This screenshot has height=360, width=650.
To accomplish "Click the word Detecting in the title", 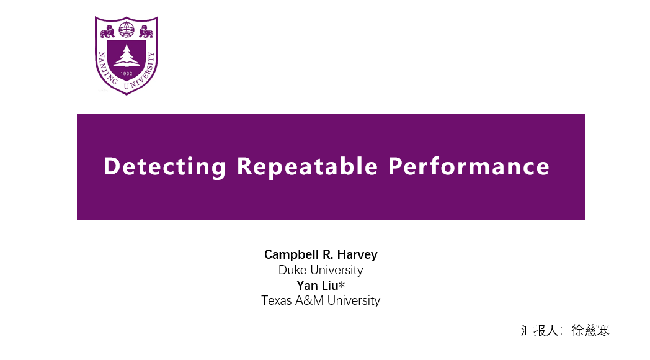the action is tap(164, 167).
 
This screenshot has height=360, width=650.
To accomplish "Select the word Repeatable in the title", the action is tap(307, 166).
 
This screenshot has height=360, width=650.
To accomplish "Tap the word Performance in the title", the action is tap(469, 166).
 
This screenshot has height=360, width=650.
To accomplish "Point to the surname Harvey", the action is tap(357, 254).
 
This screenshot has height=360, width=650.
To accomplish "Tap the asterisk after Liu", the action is tap(342, 284).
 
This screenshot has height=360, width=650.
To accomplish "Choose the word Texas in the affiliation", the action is tap(277, 300).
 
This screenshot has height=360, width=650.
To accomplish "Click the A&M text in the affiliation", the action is tap(309, 300).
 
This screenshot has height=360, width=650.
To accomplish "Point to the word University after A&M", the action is tap(354, 300).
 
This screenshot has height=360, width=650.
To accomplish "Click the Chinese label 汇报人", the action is tap(540, 331).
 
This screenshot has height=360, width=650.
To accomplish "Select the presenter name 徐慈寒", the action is tap(590, 331).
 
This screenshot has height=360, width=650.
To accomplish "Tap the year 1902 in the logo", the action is tap(127, 73).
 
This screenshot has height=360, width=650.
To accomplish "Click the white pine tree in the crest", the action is tap(127, 56).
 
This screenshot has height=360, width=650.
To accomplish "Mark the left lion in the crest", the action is tap(108, 32).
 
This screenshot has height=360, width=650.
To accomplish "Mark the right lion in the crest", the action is tap(146, 32).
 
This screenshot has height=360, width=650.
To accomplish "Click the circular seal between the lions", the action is tap(127, 30).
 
